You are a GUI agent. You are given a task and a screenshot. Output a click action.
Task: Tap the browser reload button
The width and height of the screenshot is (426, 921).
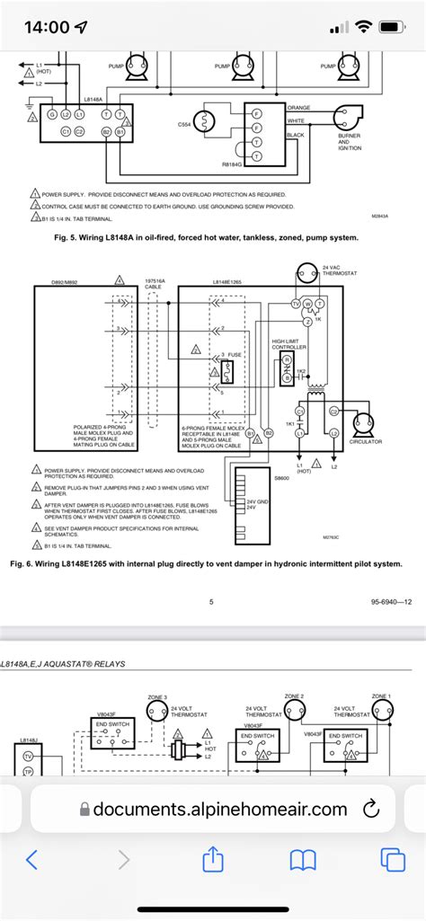pyautogui.click(x=369, y=810)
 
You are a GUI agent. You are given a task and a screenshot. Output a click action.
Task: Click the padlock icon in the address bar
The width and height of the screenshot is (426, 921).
pyautogui.click(x=85, y=810)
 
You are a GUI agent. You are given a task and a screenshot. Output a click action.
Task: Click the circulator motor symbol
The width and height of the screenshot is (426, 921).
pyautogui.click(x=366, y=421)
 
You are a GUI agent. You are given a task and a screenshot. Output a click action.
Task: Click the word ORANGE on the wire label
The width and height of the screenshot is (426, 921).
pyautogui.click(x=298, y=108)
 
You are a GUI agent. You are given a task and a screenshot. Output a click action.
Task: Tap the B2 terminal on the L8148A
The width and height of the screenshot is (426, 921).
pyautogui.click(x=106, y=132)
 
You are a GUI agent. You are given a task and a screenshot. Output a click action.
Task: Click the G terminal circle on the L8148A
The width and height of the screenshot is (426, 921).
pyautogui.click(x=52, y=115)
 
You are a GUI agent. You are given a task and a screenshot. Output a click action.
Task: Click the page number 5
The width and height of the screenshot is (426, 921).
pyautogui.click(x=211, y=602)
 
